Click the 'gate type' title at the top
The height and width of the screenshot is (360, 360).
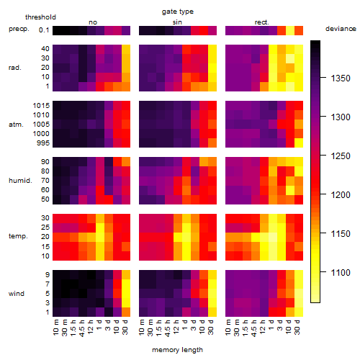178,12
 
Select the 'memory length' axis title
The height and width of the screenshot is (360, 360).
177,350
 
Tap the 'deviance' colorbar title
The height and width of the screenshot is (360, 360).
341,29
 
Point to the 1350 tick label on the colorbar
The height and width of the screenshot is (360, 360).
341,78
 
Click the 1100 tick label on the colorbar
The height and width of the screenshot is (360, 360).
341,272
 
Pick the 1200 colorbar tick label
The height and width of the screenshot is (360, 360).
341,194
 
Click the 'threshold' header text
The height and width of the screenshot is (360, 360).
40,17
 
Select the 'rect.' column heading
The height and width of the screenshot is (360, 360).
262,22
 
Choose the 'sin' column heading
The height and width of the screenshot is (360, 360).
177,22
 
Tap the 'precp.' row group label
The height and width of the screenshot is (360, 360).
19,29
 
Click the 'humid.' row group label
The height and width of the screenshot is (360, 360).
20,181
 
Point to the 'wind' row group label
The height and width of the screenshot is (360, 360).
17,294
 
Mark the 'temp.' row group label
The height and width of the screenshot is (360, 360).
18,236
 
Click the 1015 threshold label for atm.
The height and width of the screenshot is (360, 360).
41,106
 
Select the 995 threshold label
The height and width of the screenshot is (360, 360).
43,143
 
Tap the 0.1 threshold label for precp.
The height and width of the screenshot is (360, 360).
44,30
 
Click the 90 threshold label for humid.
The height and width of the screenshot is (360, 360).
45,162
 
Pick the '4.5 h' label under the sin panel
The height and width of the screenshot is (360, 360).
168,328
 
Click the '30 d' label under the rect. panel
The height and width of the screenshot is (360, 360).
297,327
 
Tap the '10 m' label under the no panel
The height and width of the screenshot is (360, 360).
55,328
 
